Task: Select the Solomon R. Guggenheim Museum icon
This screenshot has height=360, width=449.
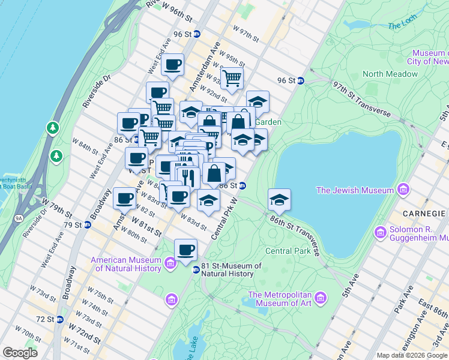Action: tap(379, 232)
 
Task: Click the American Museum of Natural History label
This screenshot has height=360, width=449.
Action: tap(126, 264)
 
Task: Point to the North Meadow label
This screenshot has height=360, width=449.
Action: tap(390, 74)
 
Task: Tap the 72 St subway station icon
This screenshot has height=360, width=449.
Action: tap(59, 319)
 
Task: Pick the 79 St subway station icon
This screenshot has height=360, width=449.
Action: tap(87, 225)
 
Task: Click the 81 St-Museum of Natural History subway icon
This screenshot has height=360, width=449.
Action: tap(196, 269)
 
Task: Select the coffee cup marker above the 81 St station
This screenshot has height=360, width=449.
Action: tap(186, 249)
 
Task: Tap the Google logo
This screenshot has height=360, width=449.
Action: tap(20, 352)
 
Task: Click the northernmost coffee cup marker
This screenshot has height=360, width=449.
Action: tap(173, 65)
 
